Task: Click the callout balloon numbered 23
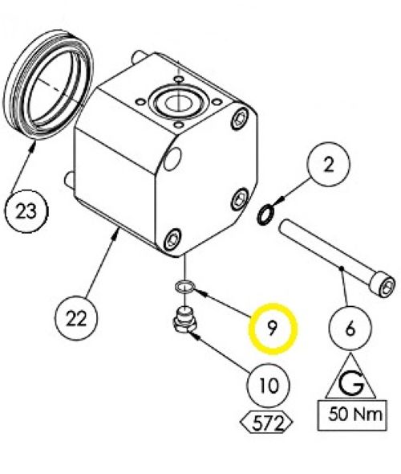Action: coord(26,211)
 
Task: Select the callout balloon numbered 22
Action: coord(76,319)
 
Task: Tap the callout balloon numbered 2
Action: coord(329,165)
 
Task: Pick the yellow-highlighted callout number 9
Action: coord(273,329)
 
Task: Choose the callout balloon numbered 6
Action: coord(350,329)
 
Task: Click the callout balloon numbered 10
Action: coord(268,386)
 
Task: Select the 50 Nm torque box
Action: coord(352,415)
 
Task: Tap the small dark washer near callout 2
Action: coord(265,215)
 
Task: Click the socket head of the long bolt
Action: coord(383,284)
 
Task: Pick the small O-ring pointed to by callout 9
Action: coord(185,286)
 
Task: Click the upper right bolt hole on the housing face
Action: coord(241,119)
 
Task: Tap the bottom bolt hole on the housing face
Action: coord(172,239)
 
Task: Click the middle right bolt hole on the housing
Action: coord(240,199)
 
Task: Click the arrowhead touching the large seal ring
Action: coord(34,146)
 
